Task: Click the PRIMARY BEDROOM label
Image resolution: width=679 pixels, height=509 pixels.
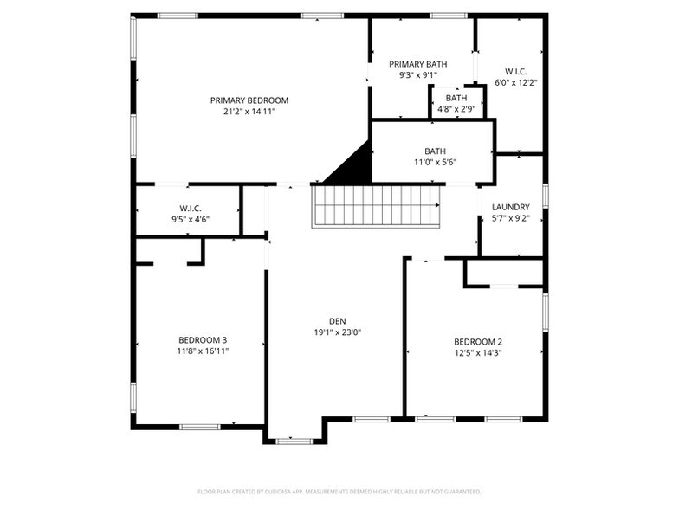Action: (249, 100)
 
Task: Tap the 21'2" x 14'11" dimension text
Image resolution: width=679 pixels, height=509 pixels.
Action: (249, 112)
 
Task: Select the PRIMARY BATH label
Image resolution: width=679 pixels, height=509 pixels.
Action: (417, 64)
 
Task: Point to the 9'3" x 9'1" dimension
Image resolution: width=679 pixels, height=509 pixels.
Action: (417, 75)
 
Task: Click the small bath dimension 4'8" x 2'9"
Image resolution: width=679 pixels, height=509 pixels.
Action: (456, 109)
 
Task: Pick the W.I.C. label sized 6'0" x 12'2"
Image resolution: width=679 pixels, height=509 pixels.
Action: (516, 71)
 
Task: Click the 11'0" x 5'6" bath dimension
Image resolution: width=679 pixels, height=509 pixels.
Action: (435, 162)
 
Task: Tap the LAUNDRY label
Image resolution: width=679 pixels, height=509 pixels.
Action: (510, 208)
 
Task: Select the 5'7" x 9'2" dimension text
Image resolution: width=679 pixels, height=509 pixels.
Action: (510, 219)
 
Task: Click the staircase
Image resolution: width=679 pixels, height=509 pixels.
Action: (377, 206)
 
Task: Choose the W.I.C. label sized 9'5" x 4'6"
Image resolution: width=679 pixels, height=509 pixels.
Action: (191, 209)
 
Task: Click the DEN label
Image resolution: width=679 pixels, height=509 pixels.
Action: (337, 320)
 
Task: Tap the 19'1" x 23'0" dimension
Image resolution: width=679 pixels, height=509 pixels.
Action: (337, 332)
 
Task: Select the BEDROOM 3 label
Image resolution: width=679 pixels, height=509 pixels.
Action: (203, 339)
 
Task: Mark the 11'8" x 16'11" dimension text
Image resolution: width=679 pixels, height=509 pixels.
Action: (203, 351)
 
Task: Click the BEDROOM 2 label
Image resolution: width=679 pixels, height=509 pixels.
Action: (478, 341)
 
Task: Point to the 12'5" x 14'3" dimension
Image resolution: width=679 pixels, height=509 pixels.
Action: (478, 352)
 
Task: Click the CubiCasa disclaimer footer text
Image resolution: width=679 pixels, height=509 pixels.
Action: (339, 491)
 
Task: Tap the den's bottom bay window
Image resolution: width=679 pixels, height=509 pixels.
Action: (294, 441)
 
